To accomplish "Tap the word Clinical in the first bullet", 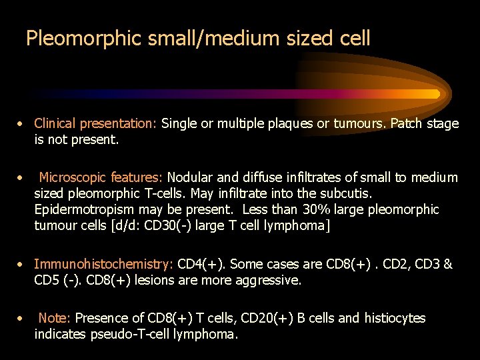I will [55, 123].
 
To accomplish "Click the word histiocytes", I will [395, 318].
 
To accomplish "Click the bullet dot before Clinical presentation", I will [22, 124].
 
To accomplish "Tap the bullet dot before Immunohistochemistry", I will [22, 265].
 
